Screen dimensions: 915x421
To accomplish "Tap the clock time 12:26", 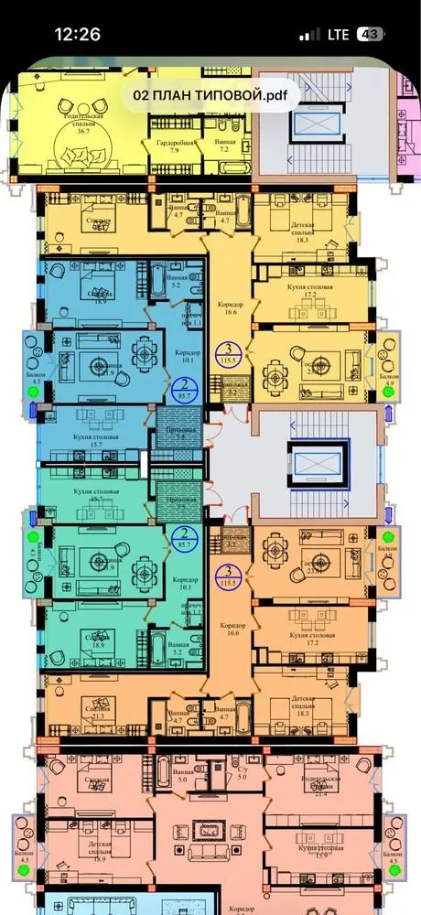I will point(77,34).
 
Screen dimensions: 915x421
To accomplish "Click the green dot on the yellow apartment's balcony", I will point(389,391).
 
